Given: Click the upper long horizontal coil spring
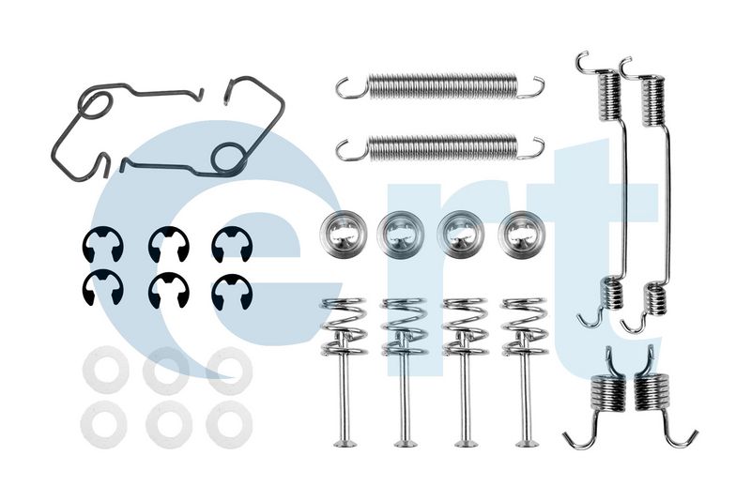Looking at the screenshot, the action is click(440, 86).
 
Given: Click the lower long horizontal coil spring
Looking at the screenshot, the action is click(440, 147).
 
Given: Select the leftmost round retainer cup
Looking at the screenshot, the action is click(344, 233).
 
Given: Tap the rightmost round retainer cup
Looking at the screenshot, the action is click(522, 234).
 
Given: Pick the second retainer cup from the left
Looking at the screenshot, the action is click(401, 234).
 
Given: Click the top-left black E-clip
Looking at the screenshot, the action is click(102, 244).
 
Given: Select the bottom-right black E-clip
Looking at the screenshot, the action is click(232, 292).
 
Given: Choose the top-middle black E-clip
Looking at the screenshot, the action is click(169, 244).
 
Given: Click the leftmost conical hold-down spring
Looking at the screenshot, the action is click(344, 326).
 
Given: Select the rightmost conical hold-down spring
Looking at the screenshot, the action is click(524, 326).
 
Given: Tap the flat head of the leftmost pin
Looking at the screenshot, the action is click(345, 443).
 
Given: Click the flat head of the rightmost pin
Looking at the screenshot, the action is click(526, 443).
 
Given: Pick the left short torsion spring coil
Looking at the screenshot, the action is click(607, 393).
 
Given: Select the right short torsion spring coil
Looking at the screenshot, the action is click(651, 392).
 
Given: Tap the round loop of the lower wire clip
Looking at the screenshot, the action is click(229, 157).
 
